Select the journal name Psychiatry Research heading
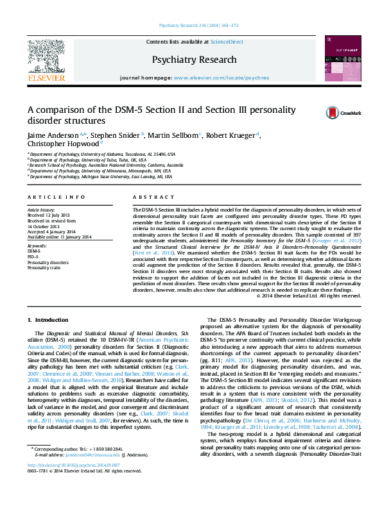[x=194, y=60]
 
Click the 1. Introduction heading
[x=48, y=319]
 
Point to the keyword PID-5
[x=33, y=256]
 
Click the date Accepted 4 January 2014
[x=51, y=231]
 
